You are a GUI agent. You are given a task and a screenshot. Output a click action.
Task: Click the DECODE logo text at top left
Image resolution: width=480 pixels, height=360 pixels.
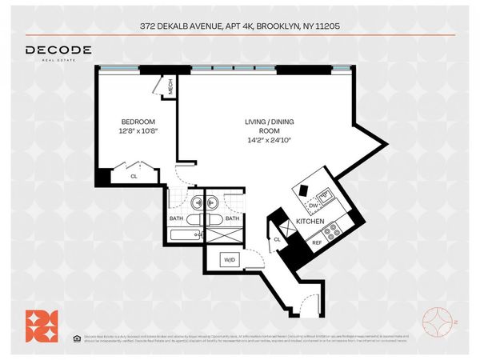(x=58, y=50)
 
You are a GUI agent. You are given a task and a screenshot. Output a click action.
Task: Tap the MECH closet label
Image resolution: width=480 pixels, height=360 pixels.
(x=170, y=90)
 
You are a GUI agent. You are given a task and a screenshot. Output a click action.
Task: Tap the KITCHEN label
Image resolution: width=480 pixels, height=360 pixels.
(x=310, y=220)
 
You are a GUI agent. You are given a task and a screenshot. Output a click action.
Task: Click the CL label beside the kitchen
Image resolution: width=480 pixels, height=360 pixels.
(x=277, y=238)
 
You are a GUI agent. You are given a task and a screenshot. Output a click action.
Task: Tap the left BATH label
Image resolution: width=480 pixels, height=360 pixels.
(x=176, y=218)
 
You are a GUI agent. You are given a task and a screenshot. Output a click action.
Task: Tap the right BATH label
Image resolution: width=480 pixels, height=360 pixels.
(x=231, y=218)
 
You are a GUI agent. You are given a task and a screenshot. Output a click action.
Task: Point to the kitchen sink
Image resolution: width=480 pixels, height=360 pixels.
(x=326, y=194)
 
